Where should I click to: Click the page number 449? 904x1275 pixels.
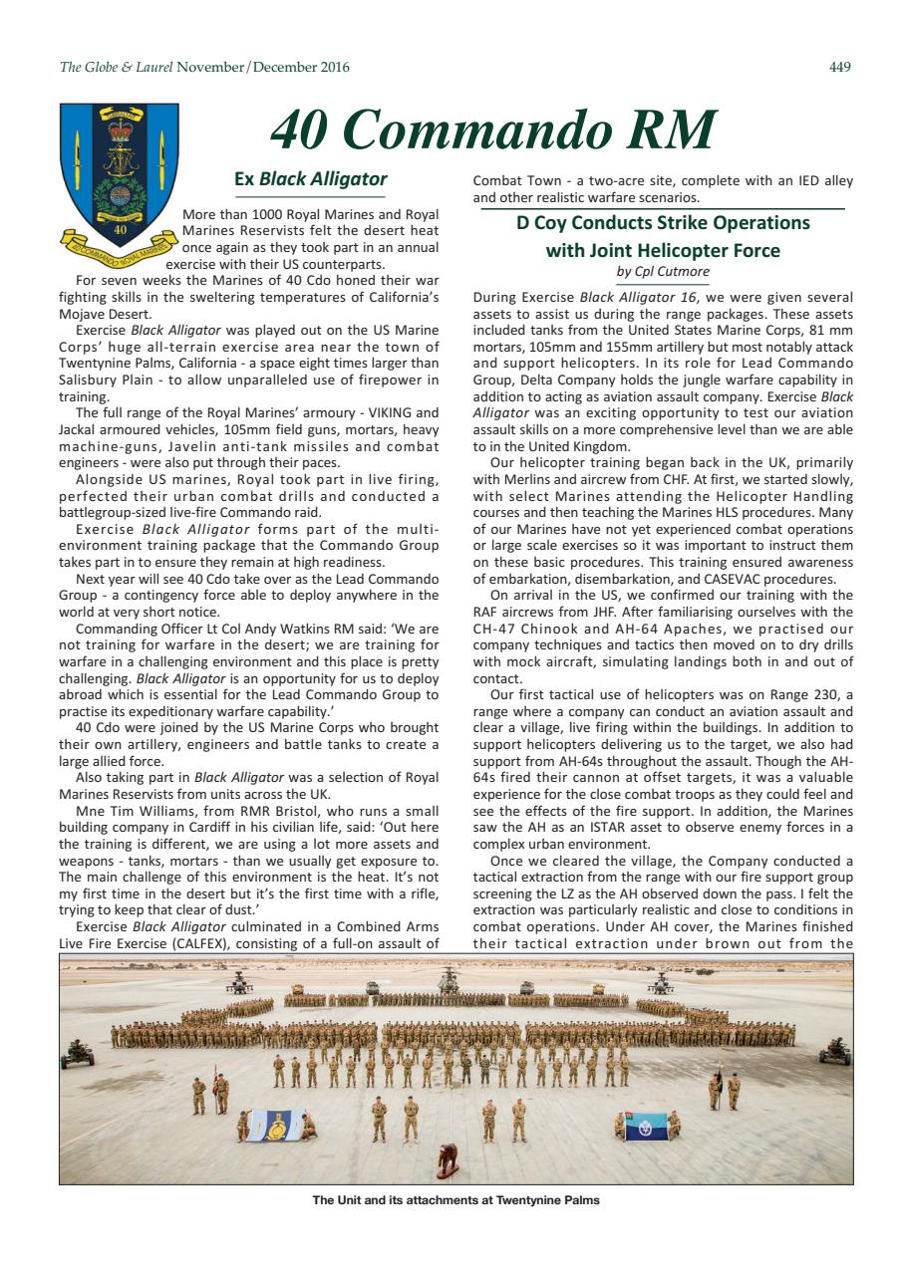[x=840, y=67]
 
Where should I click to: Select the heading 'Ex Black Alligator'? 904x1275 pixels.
[x=309, y=180]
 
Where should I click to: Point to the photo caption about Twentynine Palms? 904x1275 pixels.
[x=455, y=1200]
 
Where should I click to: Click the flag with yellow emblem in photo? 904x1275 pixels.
[x=275, y=1125]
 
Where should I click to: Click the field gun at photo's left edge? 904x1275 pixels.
[x=77, y=1052]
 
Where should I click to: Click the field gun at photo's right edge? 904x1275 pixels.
[x=833, y=1050]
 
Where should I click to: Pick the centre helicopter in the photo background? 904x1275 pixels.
[x=449, y=983]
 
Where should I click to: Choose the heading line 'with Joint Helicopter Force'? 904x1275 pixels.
[x=662, y=249]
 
